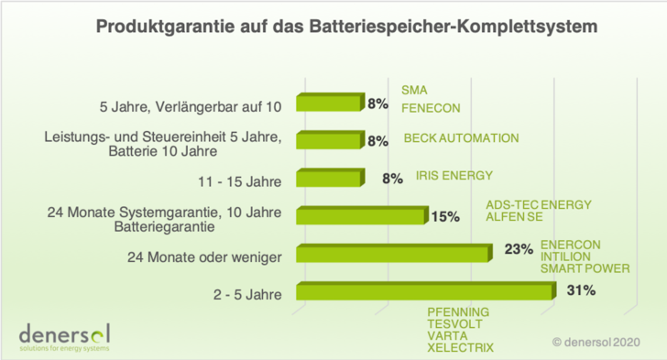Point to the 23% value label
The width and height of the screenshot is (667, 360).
(x=518, y=248)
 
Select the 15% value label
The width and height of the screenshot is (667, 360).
(x=445, y=216)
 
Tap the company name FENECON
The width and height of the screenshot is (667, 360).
(x=431, y=108)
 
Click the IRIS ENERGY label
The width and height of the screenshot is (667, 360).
(x=442, y=175)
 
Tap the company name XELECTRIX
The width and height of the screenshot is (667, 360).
(x=460, y=347)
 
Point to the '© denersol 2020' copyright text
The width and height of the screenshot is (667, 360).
(x=596, y=342)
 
